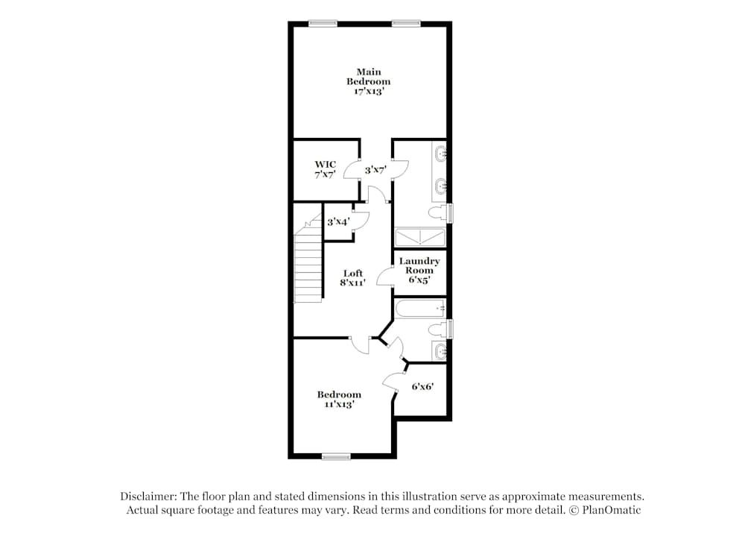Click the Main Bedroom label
368,77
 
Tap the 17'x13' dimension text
368,92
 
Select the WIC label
325,164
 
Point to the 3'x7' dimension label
375,170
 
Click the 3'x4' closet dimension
337,221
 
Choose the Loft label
352,274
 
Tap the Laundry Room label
419,265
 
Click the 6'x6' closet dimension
422,387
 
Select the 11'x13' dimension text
339,404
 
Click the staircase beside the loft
308,265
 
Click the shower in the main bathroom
419,237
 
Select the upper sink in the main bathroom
440,155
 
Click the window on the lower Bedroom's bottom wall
336,456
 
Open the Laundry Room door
385,277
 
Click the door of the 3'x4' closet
360,220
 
